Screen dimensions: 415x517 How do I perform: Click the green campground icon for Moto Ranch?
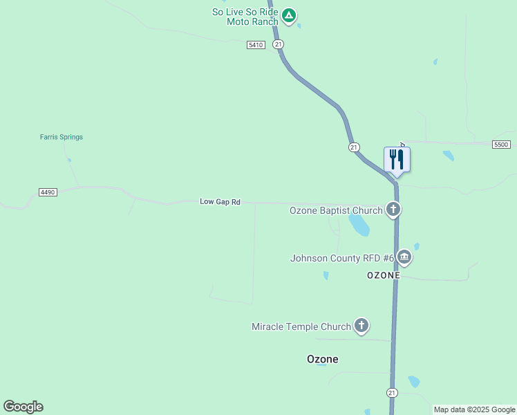290,15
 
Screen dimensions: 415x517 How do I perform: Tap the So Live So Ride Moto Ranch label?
245,17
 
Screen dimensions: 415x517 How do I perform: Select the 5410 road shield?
256,45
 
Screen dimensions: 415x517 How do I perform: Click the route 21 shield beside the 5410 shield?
278,44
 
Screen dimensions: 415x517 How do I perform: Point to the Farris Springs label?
61,137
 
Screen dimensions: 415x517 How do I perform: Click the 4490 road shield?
48,192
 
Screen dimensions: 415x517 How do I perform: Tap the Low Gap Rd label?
220,202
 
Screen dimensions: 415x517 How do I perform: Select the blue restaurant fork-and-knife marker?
397,160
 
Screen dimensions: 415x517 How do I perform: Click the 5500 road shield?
501,145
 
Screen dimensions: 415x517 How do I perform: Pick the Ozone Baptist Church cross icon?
393,209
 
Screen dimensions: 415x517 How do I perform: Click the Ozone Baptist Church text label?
336,210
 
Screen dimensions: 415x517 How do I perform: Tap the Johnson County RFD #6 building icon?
404,258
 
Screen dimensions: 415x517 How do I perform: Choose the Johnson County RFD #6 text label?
341,259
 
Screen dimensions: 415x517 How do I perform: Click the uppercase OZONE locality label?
384,275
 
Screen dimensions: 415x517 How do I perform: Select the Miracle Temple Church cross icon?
361,325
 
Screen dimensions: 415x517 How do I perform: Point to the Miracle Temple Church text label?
301,326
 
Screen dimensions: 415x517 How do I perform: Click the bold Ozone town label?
323,360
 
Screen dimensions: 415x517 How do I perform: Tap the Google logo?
23,407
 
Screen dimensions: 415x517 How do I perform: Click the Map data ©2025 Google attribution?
474,409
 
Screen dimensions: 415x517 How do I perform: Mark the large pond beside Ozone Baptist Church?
359,223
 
